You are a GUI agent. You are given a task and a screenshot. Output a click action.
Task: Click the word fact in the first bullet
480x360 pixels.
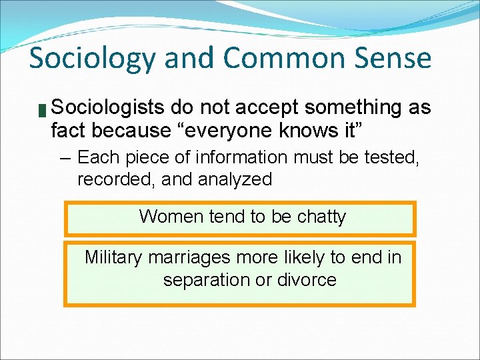click(x=68, y=131)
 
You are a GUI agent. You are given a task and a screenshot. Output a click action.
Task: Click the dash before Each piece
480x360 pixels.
click(x=66, y=158)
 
